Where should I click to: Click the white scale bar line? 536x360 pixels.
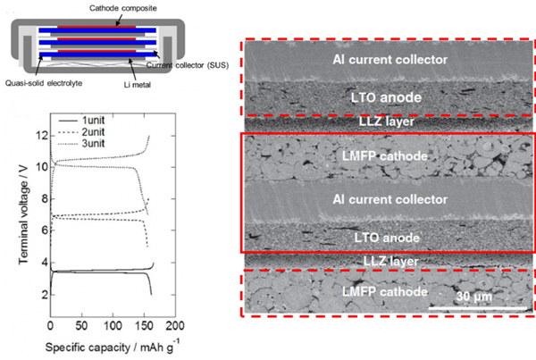click(469, 308)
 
